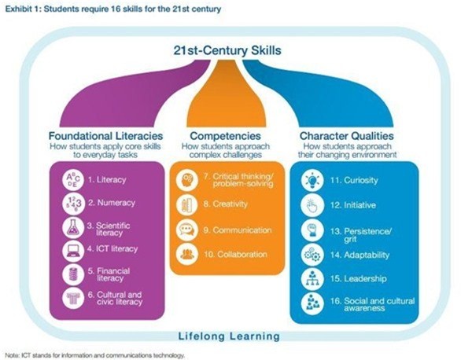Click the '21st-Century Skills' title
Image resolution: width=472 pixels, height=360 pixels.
coord(227,50)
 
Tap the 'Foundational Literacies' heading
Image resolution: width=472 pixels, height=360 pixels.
coord(105,136)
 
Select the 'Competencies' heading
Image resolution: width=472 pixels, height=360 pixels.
coord(225,136)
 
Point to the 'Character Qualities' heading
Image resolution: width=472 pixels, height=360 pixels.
coord(346,136)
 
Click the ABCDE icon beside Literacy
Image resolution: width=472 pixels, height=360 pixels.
coord(73,179)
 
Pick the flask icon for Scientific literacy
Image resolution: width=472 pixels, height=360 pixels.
coord(73,228)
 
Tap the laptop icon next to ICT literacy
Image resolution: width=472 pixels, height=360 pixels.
coord(73,251)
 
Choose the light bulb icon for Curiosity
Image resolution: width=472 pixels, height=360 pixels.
coord(312,180)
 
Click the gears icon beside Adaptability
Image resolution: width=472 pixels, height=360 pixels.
coord(312,255)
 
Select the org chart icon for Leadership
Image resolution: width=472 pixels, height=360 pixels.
coord(312,278)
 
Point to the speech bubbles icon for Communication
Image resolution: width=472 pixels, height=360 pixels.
coord(187,230)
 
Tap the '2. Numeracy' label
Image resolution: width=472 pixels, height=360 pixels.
coord(112,203)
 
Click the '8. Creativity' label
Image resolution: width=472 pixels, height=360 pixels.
coord(226,204)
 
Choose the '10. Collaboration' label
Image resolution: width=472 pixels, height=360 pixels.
coord(235,255)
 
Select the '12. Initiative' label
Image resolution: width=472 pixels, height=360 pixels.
coord(353,205)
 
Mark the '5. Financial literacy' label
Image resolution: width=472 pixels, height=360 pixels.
coord(109,274)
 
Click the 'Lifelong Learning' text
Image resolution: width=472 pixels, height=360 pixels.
coord(229,336)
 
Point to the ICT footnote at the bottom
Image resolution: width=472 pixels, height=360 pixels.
coord(94,355)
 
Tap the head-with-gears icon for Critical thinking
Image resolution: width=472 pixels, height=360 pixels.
coord(187,179)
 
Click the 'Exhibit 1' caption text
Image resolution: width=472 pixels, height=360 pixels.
coord(113,9)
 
